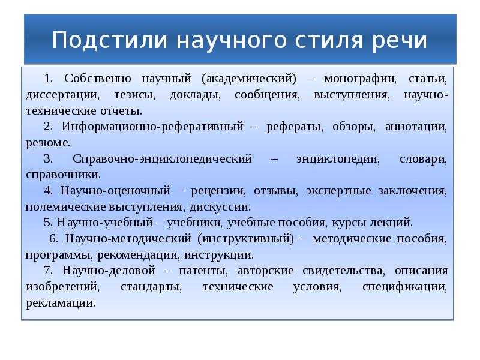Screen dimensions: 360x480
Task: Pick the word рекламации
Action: pyautogui.click(x=60, y=302)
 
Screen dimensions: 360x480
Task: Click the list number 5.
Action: pyautogui.click(x=47, y=223)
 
